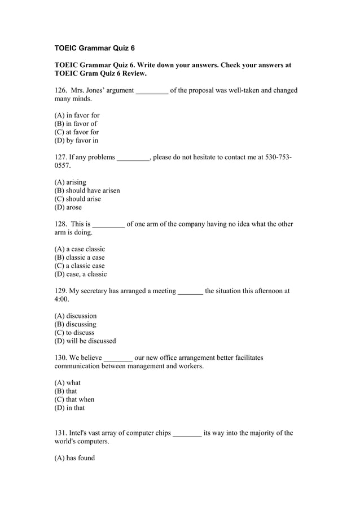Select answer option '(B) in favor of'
(76, 124)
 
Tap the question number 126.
(60, 90)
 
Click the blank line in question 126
(152, 91)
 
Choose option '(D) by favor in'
(76, 141)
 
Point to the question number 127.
(60, 157)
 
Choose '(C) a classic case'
(80, 266)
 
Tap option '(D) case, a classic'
(80, 274)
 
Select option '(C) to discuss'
(74, 333)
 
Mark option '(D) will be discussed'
(85, 341)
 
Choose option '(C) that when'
(74, 399)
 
